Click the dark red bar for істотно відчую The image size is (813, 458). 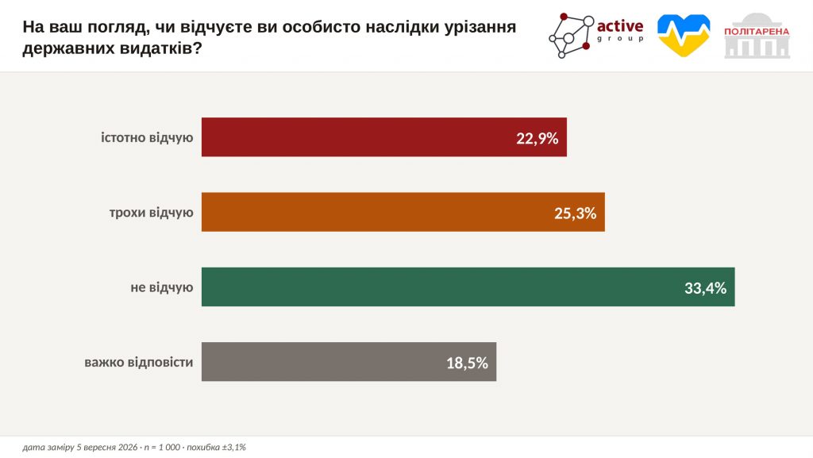coord(384,137)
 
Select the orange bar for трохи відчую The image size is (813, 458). coord(403,212)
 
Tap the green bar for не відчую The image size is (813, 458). coord(468,287)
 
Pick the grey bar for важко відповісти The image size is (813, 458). coord(349,362)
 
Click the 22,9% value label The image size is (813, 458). coord(538,138)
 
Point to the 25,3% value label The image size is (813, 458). coord(576,213)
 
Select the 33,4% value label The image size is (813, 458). coord(706,288)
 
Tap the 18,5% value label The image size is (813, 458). coord(467,363)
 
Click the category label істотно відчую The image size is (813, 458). coord(147,138)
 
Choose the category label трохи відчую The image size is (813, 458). coord(152,213)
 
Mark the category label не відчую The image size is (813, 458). coord(162,287)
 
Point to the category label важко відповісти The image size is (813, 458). coord(138,362)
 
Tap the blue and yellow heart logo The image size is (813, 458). coord(684,35)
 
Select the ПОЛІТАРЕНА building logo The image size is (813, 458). coord(757,36)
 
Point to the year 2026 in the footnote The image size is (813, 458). coord(128,447)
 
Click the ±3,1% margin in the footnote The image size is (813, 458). coord(234,447)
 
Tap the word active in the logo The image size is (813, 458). coord(620,26)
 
